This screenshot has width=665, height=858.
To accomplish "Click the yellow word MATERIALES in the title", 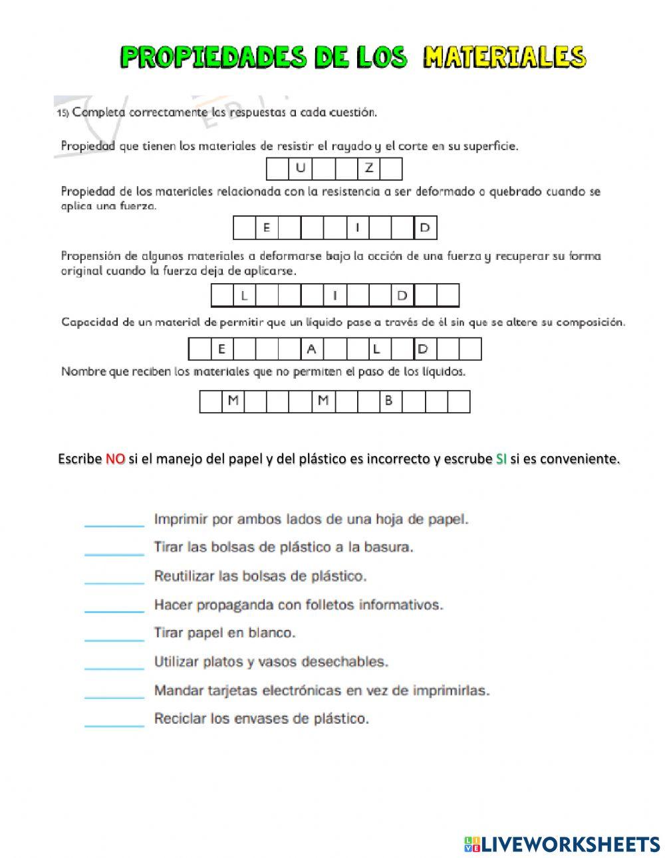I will coord(505,57).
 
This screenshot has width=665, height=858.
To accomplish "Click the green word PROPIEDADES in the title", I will coord(213,57).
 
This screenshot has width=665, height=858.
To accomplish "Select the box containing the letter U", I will coord(301,169).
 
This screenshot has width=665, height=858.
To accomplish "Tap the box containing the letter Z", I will coord(368,169).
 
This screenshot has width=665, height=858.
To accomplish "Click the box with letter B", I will coord(390,401).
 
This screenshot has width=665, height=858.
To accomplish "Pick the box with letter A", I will coord(311,349).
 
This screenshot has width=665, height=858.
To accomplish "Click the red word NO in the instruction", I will coord(115,459).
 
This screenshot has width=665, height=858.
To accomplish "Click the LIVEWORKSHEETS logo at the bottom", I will coord(562,844).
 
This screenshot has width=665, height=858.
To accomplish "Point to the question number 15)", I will coord(63,113).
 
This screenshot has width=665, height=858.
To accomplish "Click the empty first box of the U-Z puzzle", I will coord(278,169).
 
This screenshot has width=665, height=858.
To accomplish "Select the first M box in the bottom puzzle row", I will coord(233,401).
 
